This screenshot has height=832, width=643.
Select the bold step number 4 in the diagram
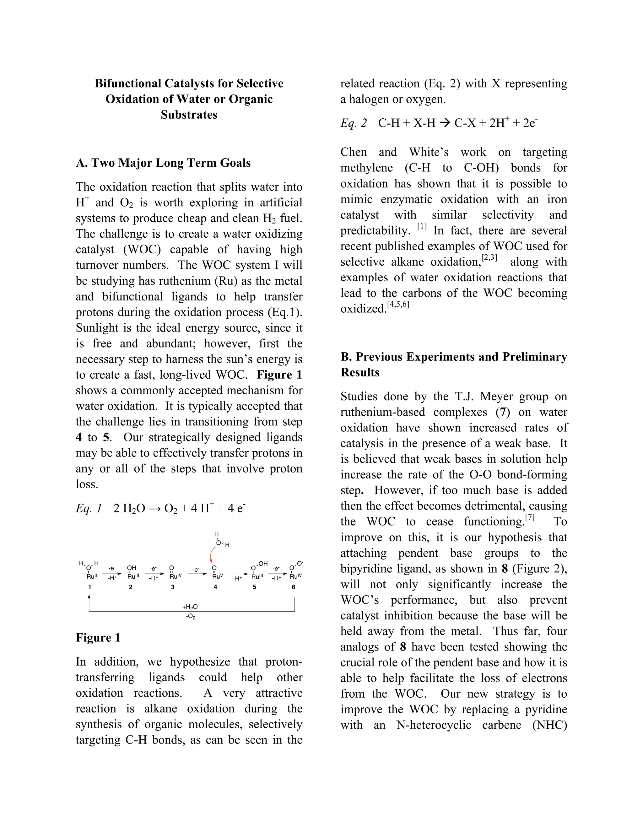(x=215, y=587)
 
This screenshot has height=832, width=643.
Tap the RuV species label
(x=217, y=576)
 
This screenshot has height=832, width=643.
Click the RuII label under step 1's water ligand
(x=92, y=576)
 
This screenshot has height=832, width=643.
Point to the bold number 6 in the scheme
(x=293, y=587)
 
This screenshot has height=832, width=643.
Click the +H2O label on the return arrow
(x=190, y=607)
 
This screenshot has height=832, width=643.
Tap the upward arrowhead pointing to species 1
(x=89, y=598)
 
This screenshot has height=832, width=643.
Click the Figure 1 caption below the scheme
(x=98, y=638)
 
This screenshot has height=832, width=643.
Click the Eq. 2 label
(x=354, y=123)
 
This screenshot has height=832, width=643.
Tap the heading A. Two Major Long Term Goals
(x=163, y=163)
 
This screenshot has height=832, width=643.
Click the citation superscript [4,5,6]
(x=398, y=304)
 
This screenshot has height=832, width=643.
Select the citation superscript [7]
(x=530, y=517)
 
